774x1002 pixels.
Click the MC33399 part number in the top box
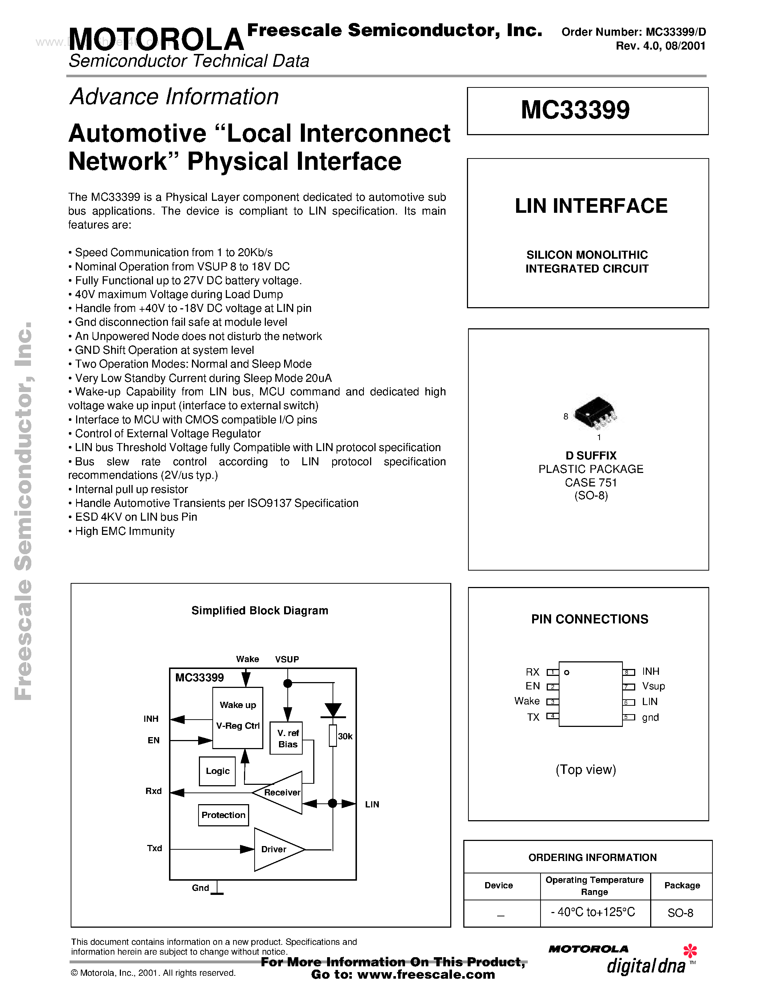[x=575, y=110]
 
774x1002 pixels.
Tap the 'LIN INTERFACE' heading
[x=591, y=206]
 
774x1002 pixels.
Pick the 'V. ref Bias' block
[x=287, y=738]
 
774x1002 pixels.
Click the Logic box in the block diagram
[x=217, y=771]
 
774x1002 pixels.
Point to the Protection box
[x=223, y=815]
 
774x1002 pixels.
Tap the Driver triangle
[x=275, y=849]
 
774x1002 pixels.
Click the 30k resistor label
[x=345, y=736]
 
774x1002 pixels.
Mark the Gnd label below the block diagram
[x=200, y=888]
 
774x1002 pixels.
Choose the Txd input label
[x=154, y=848]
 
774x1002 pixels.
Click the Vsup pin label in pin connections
[x=653, y=686]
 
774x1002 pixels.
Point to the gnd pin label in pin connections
[x=650, y=717]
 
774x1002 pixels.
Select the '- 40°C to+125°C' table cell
[x=593, y=912]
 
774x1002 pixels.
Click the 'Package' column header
[x=682, y=885]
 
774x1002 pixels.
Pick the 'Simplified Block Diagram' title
[x=260, y=611]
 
